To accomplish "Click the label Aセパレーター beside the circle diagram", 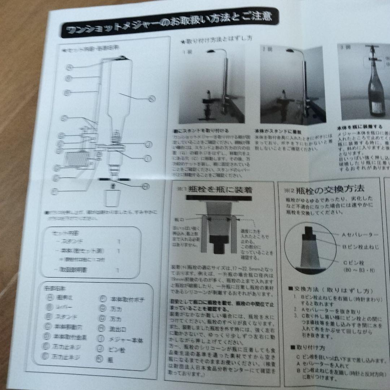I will point(360,235).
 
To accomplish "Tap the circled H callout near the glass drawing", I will point(146,186).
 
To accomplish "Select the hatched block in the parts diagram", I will point(76,159).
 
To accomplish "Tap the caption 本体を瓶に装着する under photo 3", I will point(359,127).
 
